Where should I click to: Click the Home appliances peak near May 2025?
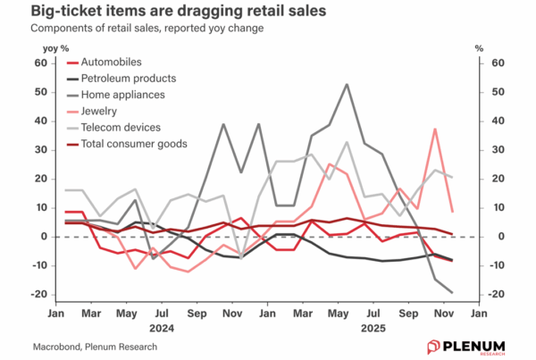click(347, 85)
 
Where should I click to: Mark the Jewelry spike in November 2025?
click(435, 130)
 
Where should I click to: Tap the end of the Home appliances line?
click(451, 292)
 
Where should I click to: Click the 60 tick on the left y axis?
click(38, 63)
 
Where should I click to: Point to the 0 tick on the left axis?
click(42, 237)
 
